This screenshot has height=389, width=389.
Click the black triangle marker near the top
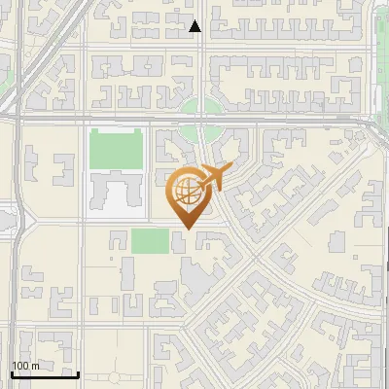tap(195, 26)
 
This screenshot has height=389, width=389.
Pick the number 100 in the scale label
tap(20, 366)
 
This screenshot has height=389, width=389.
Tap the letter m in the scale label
tap(34, 366)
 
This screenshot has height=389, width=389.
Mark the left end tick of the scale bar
tap(12, 371)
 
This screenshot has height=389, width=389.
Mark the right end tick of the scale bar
tap(78, 371)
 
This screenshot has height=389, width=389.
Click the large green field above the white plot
tap(116, 148)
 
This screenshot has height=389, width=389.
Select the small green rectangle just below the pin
tap(151, 240)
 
